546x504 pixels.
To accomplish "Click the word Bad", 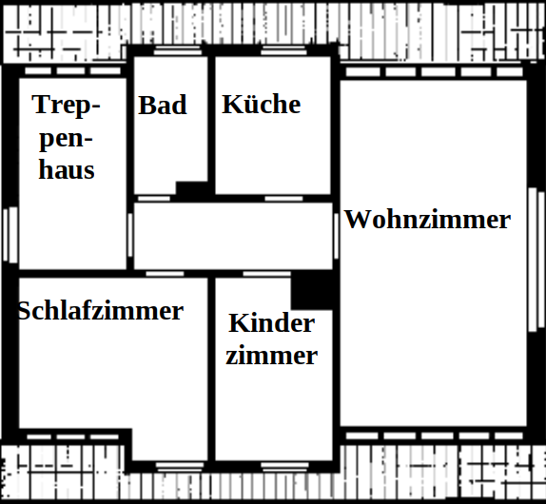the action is point(163,105).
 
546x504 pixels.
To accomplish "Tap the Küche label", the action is point(262,104).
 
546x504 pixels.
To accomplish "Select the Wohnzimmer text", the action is point(427,220).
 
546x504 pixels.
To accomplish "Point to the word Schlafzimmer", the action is point(101,310).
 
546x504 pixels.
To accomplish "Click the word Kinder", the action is point(272,323).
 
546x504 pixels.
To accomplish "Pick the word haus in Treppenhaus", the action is point(67,170).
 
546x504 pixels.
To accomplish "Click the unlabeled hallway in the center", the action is point(233,236).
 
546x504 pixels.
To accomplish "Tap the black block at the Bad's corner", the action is point(192,188).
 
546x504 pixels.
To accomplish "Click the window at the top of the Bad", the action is point(178,50).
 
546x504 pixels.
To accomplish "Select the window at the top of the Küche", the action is point(283,50).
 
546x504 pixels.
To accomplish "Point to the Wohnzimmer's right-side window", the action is point(536,260).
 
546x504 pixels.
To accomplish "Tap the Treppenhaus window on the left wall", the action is point(10,235).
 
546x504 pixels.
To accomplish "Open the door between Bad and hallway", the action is point(154,199).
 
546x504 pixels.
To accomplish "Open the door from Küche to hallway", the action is point(283,199).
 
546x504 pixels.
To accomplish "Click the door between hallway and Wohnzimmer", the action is point(336,236).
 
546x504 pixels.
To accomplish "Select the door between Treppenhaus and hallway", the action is point(130,235).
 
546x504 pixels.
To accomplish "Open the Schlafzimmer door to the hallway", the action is point(165,274).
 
